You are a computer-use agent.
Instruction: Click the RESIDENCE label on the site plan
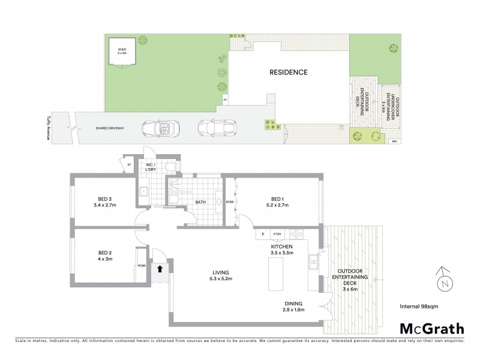tap(288, 72)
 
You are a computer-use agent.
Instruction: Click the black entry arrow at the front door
tap(160, 269)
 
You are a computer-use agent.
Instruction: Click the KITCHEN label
tap(281, 247)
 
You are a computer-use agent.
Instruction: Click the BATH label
tap(201, 202)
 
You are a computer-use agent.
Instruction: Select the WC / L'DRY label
tap(151, 166)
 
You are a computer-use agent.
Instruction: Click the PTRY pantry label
tap(277, 234)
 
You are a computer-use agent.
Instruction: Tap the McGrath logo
tap(432, 328)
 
